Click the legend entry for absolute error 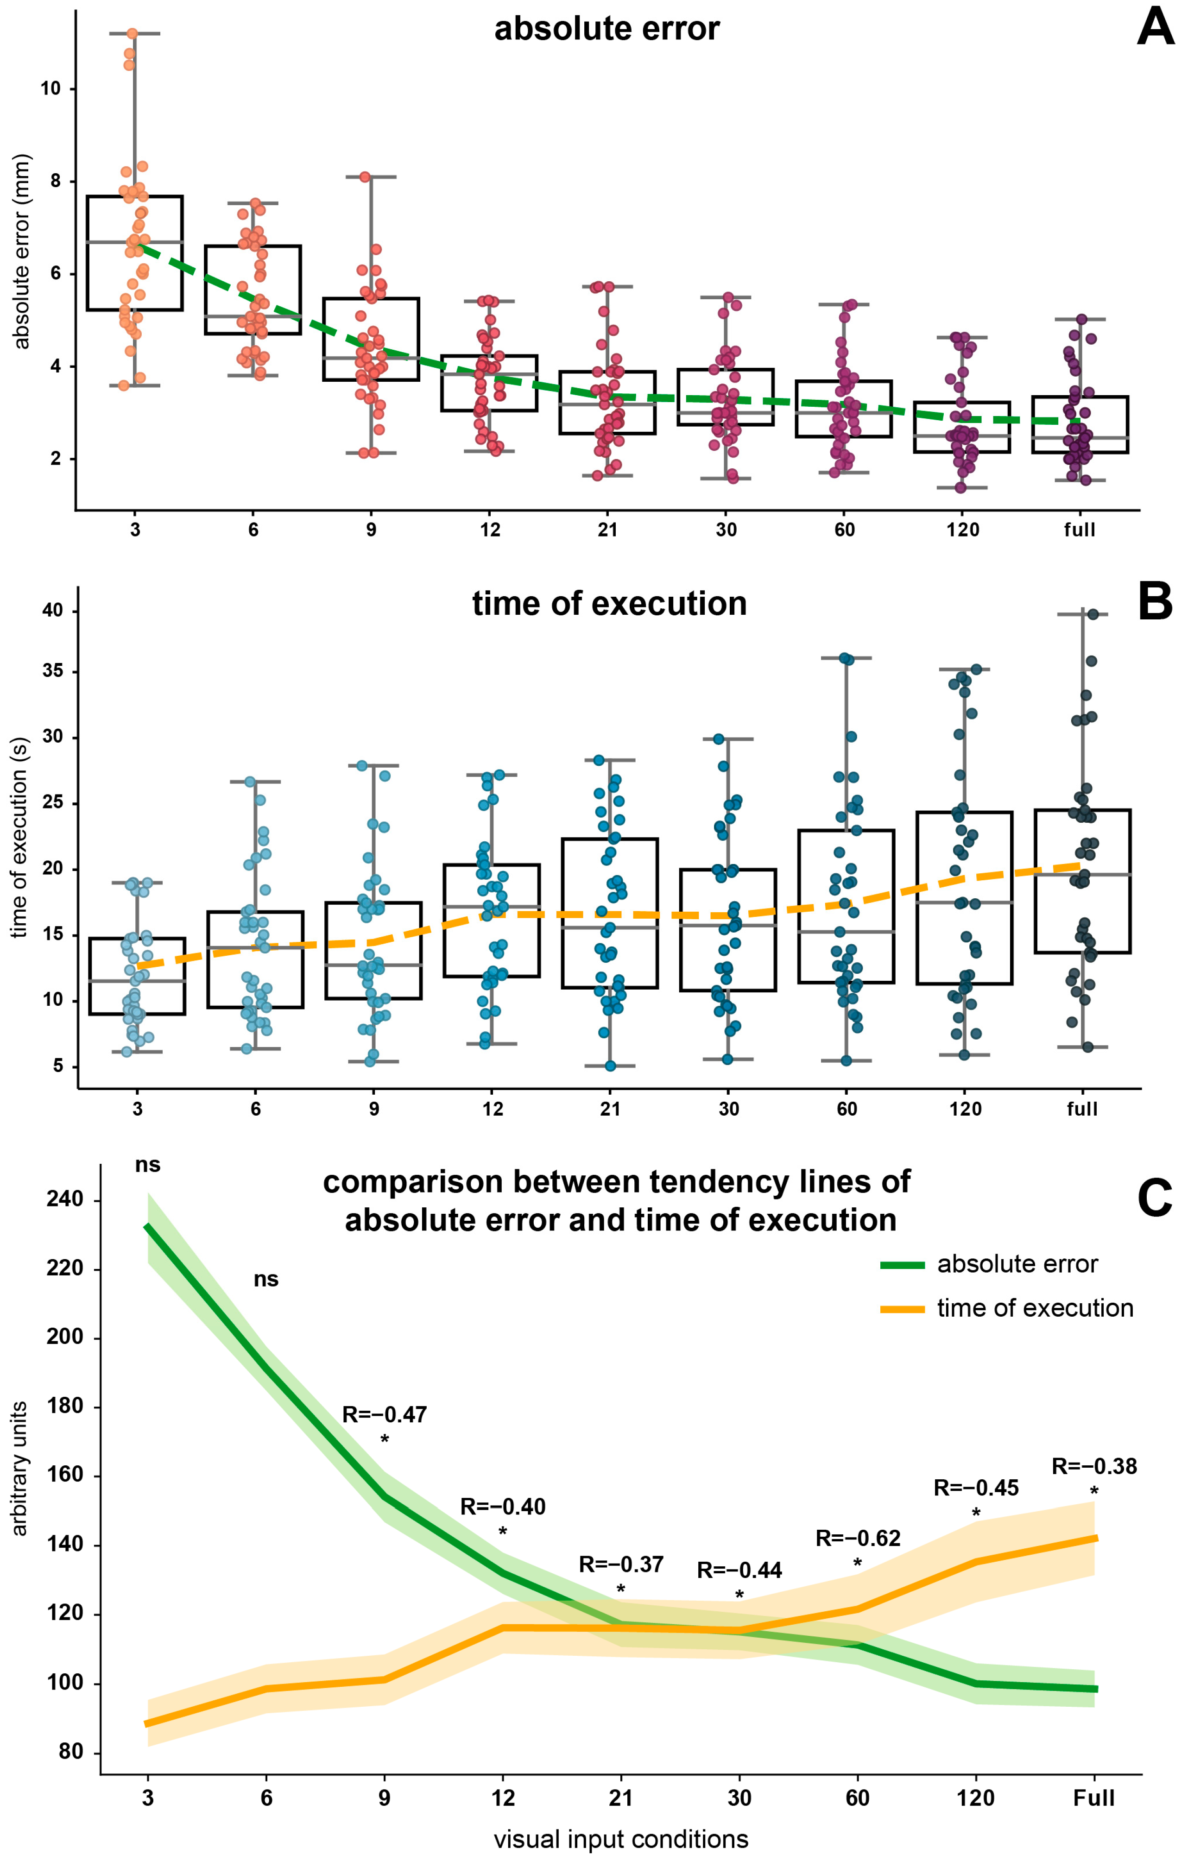point(1017,1264)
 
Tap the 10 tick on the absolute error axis point(51,88)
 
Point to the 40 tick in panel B point(53,611)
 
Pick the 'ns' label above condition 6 point(266,1279)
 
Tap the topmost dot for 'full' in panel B point(1093,615)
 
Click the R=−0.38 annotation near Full point(1093,1466)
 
